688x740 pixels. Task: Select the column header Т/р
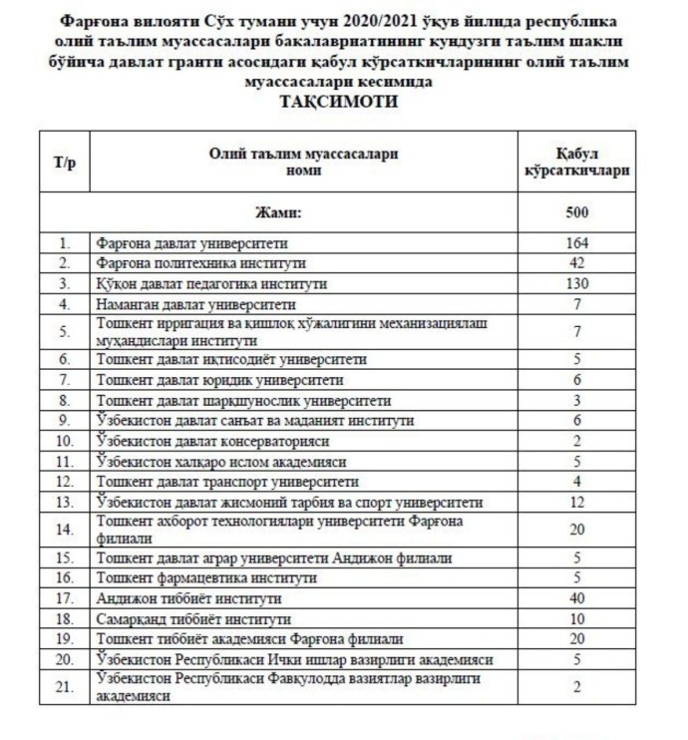point(65,162)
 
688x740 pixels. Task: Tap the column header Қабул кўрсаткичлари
point(576,162)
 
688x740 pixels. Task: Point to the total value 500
point(576,212)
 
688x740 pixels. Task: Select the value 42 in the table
point(576,263)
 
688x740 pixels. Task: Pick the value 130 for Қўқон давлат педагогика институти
point(576,283)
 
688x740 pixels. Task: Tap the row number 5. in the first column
point(66,330)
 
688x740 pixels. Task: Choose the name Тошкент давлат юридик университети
point(218,380)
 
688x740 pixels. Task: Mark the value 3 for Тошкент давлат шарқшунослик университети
point(576,400)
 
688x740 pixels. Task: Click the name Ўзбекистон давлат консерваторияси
point(210,440)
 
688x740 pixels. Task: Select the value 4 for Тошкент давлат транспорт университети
point(576,480)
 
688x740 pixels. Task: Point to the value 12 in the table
point(576,500)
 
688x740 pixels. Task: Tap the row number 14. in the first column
point(66,529)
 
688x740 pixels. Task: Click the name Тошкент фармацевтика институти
point(205,578)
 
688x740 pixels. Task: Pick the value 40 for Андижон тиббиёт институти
point(576,598)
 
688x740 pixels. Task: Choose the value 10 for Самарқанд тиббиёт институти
point(576,618)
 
